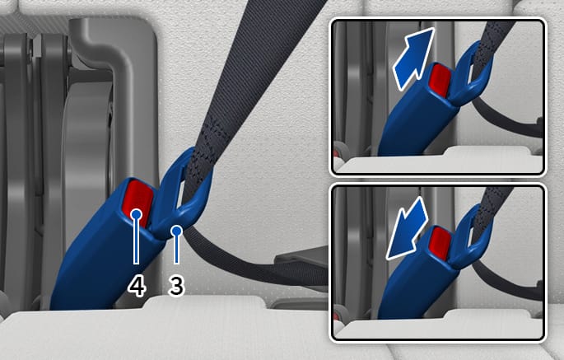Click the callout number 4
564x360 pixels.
[137, 287]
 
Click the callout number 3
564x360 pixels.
[176, 286]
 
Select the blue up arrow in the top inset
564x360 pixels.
[413, 58]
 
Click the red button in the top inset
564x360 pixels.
[440, 80]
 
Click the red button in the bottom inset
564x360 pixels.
[440, 244]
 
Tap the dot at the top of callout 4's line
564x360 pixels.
[137, 214]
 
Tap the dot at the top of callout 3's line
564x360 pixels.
[176, 231]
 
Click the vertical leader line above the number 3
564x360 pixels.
[176, 250]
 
